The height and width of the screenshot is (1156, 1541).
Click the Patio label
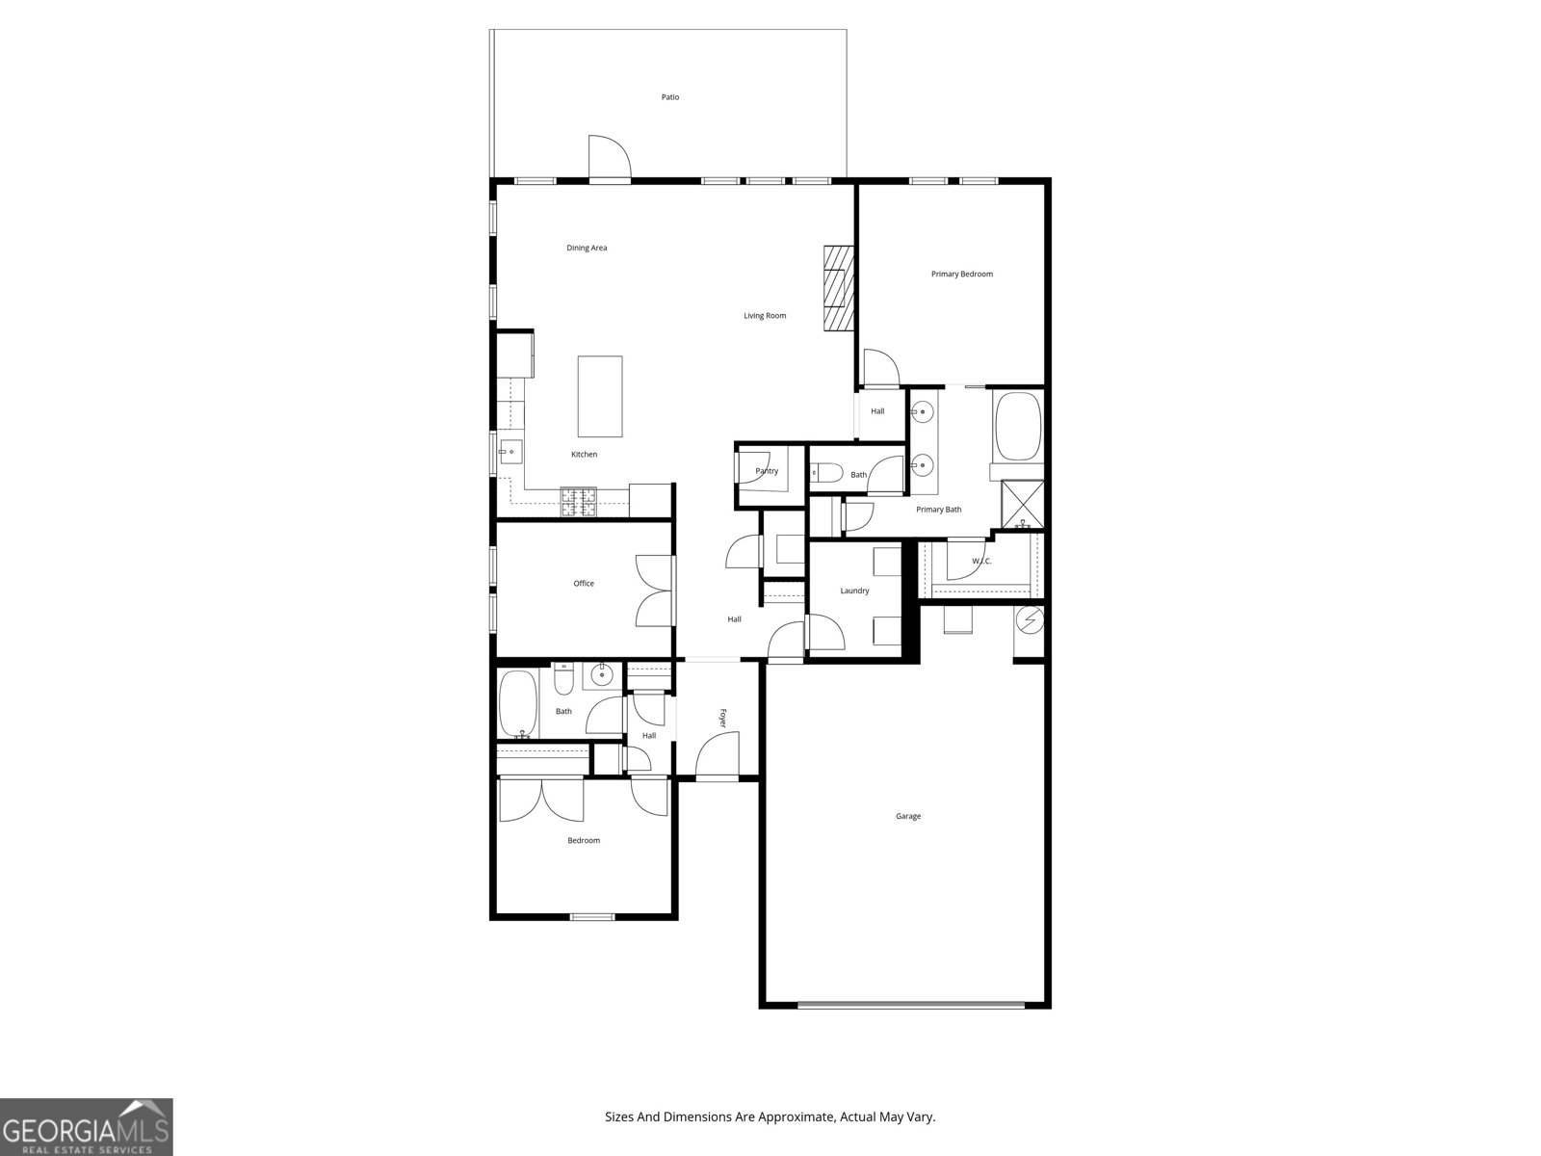669,97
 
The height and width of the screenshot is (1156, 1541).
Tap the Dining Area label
587,249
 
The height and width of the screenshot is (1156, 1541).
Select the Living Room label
765,316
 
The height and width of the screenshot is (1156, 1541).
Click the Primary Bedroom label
961,275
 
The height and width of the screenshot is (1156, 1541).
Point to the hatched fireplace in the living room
838,289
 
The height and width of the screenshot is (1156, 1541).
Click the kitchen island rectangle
599,397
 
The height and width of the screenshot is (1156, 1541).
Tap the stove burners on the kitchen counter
580,500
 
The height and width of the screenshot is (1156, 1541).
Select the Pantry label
767,471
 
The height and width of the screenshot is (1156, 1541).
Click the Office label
584,584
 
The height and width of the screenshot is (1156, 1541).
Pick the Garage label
908,817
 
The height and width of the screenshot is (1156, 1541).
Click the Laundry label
854,591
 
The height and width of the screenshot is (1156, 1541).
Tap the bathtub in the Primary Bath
1018,426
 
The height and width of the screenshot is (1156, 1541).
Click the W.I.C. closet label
981,562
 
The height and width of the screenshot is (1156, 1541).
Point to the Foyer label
722,718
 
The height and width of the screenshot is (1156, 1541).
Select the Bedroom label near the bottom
584,841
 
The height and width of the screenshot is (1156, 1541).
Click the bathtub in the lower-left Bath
518,703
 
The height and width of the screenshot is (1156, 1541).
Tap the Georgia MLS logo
87,1127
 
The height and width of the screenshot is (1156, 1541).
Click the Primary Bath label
938,510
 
